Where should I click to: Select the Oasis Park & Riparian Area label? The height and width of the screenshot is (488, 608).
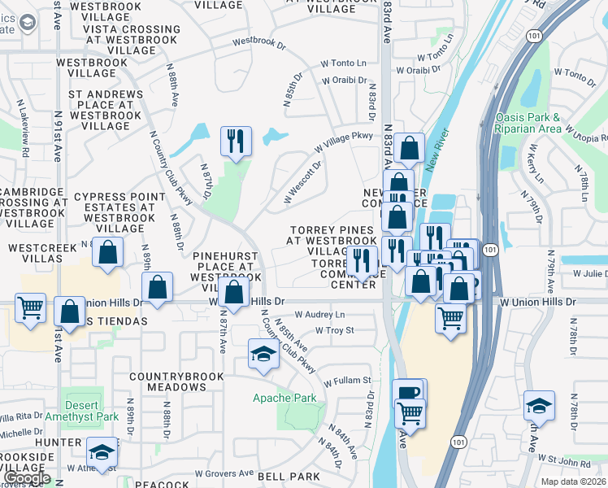(x=528, y=123)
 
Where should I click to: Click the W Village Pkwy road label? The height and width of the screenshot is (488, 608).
(x=343, y=141)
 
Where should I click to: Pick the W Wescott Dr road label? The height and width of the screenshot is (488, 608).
(x=303, y=181)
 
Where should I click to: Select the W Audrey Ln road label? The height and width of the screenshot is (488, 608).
(x=319, y=314)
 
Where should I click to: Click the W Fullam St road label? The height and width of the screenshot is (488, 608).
(x=347, y=380)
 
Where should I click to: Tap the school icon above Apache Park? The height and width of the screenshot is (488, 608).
(x=263, y=354)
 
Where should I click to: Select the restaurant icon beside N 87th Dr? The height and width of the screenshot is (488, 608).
(x=235, y=141)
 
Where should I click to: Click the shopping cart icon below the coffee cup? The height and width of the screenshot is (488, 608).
(x=410, y=413)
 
